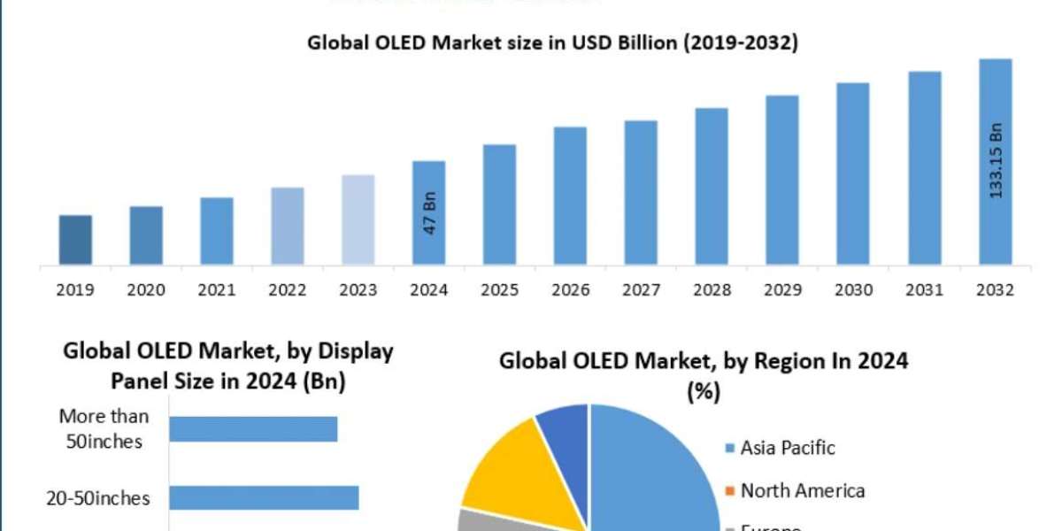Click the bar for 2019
coord(75,240)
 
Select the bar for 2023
coord(358,219)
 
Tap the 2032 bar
coord(996,162)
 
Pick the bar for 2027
coord(642,192)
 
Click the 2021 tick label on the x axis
coord(217,289)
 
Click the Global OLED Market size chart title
coord(552,42)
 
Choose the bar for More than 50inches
coord(253,429)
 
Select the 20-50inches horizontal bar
coord(264,498)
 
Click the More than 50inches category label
coord(104,428)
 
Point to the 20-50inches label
coord(97,498)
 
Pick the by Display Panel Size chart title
coord(227,366)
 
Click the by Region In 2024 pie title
coord(704,373)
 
